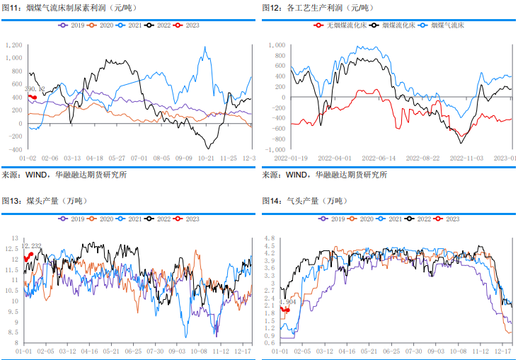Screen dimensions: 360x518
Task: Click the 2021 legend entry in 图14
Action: coord(386,219)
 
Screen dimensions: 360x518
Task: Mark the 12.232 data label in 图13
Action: coord(32,246)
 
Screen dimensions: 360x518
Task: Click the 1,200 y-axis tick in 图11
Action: coord(13,45)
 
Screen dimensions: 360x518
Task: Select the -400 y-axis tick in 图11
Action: coord(14,150)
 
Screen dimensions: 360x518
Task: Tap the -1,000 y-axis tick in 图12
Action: coord(275,150)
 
